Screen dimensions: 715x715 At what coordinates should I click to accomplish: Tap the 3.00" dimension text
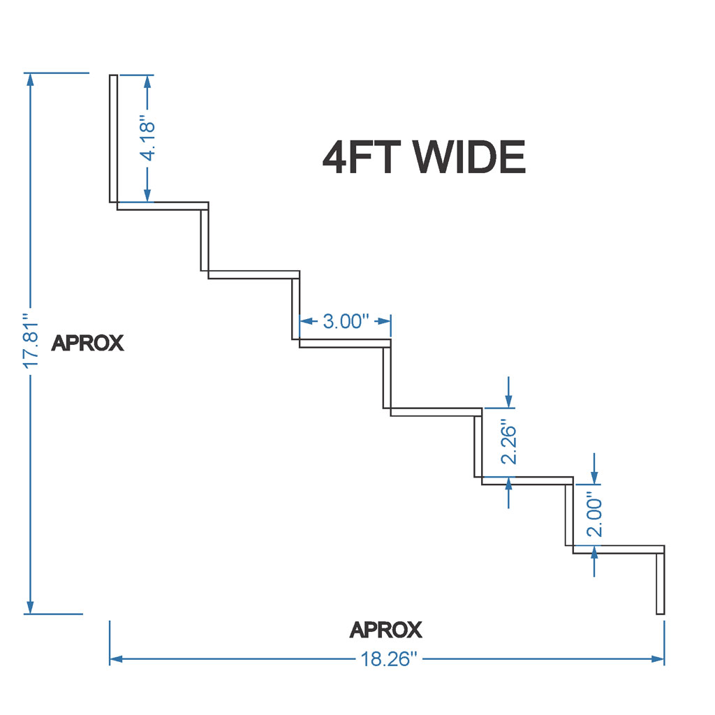pyautogui.click(x=345, y=321)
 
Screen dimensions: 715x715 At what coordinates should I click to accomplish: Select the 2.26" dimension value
pyautogui.click(x=510, y=443)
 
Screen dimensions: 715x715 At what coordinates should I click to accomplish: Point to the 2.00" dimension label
pyautogui.click(x=594, y=515)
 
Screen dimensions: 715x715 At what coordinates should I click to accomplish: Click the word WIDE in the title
pyautogui.click(x=469, y=157)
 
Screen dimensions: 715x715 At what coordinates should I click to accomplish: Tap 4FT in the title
pyautogui.click(x=362, y=157)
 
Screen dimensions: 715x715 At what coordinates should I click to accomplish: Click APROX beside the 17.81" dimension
pyautogui.click(x=88, y=343)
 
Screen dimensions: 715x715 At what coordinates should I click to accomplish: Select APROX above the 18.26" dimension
pyautogui.click(x=386, y=630)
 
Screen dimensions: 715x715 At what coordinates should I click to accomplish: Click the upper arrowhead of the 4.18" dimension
pyautogui.click(x=147, y=80)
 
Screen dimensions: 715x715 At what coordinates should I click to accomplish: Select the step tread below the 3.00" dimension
pyautogui.click(x=344, y=343)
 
